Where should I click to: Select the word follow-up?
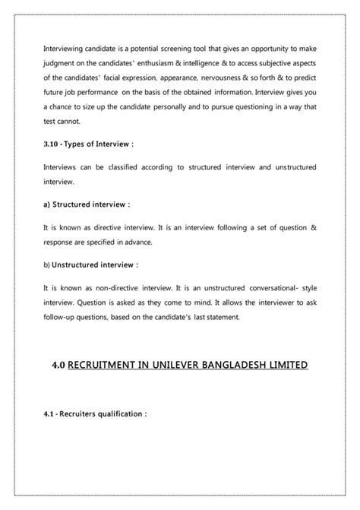[59, 316]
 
